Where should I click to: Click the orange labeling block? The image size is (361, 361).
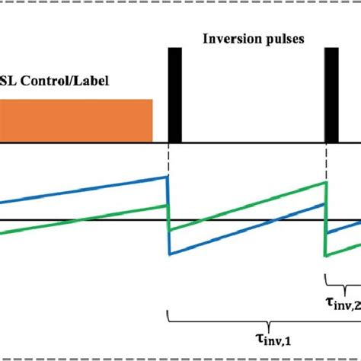(x=76, y=121)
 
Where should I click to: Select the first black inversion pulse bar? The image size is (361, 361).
(x=174, y=95)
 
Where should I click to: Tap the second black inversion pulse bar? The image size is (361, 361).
(x=331, y=95)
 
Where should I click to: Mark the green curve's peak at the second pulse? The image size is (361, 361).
(x=326, y=182)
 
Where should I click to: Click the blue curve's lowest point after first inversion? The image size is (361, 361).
(x=168, y=254)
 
